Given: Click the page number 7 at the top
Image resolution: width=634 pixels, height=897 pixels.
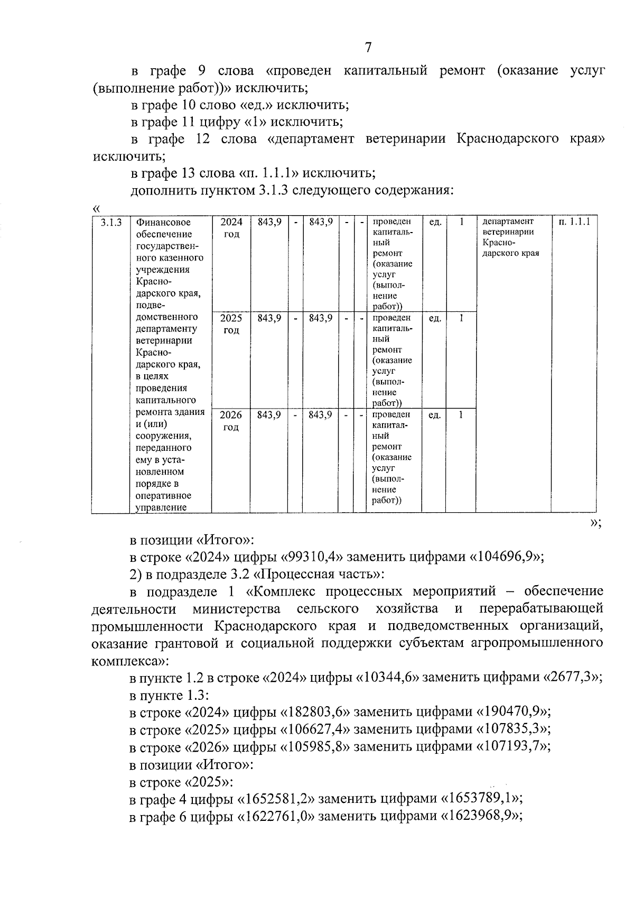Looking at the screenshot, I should [368, 48].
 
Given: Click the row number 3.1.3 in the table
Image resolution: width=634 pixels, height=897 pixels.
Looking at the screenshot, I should [111, 223].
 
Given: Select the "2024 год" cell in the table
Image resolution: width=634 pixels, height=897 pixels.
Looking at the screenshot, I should [231, 228].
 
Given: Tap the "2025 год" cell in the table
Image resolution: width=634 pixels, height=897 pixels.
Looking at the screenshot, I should [231, 324].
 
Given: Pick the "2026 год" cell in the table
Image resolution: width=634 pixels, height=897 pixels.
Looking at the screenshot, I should [231, 421].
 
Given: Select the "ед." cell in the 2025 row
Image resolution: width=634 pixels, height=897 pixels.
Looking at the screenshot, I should [435, 319].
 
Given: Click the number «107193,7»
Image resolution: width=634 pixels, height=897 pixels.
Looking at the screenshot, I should [513, 746].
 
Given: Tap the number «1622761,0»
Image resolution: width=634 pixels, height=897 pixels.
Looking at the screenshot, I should [277, 816].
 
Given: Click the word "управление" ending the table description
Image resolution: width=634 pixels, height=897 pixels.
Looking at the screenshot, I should [161, 508].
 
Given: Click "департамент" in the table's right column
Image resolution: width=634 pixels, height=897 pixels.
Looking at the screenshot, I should [508, 221].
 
